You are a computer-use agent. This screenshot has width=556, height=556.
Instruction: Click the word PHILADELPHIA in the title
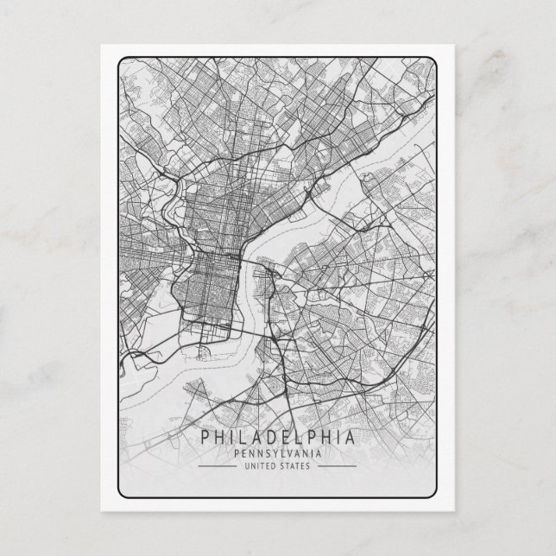(x=277, y=437)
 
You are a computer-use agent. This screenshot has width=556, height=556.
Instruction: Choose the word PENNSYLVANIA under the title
(x=277, y=453)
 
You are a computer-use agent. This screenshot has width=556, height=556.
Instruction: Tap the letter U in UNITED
(x=247, y=466)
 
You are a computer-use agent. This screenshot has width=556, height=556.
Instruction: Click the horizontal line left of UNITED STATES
(x=220, y=466)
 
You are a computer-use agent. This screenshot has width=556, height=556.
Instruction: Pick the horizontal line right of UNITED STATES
(x=334, y=466)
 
